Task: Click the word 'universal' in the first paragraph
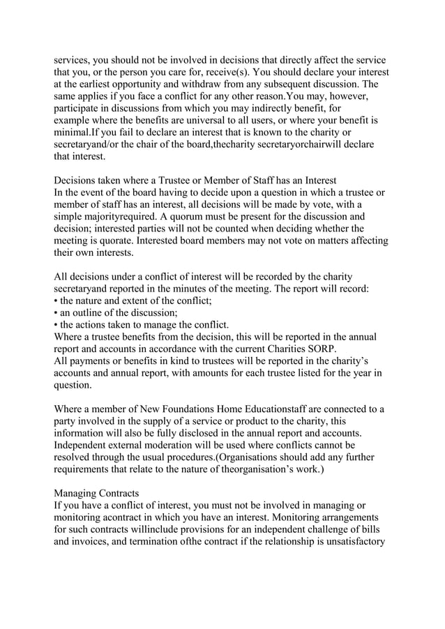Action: click(x=196, y=120)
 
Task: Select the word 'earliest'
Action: click(x=95, y=84)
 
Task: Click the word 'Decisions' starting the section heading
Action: click(x=77, y=181)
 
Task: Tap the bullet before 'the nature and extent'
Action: click(x=56, y=301)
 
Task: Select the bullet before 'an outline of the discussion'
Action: click(x=56, y=312)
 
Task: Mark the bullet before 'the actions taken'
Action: click(x=56, y=325)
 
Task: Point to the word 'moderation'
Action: click(x=191, y=445)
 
